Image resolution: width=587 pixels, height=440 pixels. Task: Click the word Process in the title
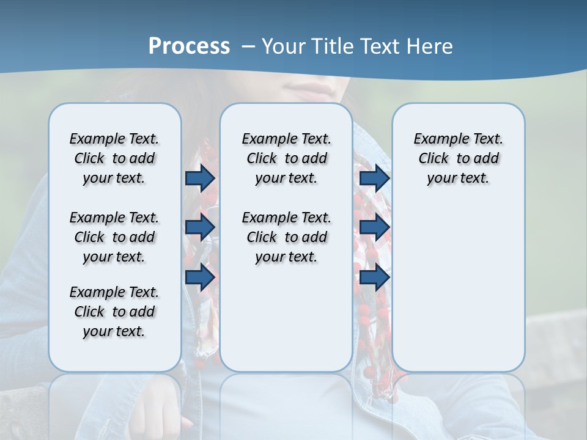click(x=189, y=46)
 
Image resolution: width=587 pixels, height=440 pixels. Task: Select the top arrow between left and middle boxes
click(x=200, y=178)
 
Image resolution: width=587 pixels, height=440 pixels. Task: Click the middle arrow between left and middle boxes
click(x=200, y=227)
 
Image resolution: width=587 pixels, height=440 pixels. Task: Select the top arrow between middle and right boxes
click(x=374, y=178)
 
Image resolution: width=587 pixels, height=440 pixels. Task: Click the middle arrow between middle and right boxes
click(x=374, y=227)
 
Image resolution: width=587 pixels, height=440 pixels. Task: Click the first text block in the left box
click(x=114, y=158)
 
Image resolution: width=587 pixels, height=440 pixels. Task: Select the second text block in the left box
click(x=114, y=237)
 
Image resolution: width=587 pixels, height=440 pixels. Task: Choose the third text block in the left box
click(x=114, y=312)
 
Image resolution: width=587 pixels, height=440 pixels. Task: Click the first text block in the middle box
click(x=286, y=158)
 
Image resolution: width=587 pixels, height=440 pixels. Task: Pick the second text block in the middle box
click(x=286, y=237)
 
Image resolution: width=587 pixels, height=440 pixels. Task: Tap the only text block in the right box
click(x=458, y=158)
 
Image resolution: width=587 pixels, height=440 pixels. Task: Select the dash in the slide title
click(x=248, y=46)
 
